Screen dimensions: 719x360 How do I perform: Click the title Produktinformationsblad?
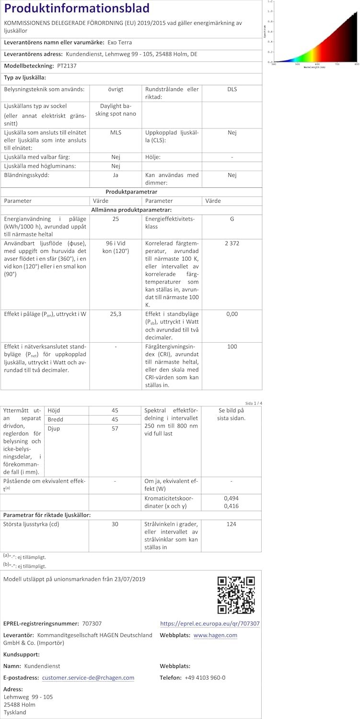coord(77,9)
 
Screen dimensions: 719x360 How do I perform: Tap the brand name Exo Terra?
coord(119,42)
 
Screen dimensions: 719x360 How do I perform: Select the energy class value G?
coord(232,219)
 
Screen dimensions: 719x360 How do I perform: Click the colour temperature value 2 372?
coord(232,244)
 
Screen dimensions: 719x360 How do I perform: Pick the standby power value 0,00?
coord(232,314)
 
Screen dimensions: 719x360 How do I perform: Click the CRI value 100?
coord(232,346)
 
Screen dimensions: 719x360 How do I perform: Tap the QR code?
coord(236,595)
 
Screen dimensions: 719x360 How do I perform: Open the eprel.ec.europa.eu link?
coord(210,624)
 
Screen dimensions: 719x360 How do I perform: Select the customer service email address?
coord(88,678)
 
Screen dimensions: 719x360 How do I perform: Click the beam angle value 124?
coord(232,524)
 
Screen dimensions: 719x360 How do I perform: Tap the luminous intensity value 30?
coord(115,524)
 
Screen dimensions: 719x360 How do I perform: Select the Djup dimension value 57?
coord(115,429)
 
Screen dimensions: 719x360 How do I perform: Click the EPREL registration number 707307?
coord(92,624)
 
